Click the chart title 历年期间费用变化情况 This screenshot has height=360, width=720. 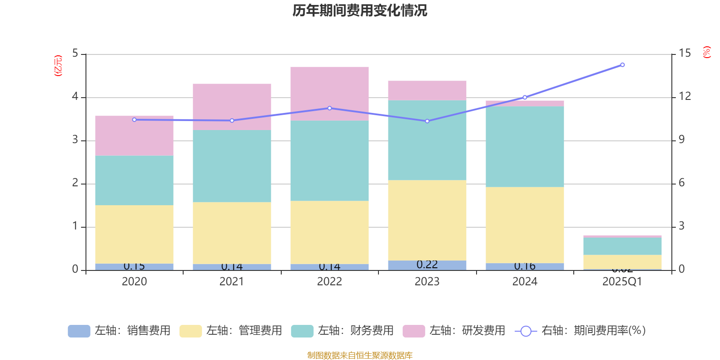pos(360,10)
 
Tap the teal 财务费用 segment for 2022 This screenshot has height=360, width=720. pos(329,161)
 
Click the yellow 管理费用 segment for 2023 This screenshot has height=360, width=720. pos(427,220)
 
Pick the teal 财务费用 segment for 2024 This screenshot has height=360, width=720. pos(525,147)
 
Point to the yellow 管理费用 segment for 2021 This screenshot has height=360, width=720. pos(232,233)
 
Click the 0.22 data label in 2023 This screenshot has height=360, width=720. pos(427,265)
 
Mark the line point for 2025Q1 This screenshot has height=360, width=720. pos(622,65)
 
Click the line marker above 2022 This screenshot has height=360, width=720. pos(329,108)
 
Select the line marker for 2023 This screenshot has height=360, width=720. pos(427,121)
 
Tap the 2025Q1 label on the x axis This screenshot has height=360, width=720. pos(622,282)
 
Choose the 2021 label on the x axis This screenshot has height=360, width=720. pos(232,282)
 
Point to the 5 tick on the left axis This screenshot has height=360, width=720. pos(75,54)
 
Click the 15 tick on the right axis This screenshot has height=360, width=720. pos(685,53)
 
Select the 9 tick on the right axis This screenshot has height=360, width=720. pos(682,139)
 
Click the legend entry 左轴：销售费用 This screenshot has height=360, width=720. pos(119,331)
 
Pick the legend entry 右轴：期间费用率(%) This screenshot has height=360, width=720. pos(580,331)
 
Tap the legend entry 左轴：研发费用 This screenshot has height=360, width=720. pos(454,331)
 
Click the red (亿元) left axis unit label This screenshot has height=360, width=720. pos(58,66)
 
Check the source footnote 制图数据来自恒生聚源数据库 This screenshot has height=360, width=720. pos(360,355)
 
